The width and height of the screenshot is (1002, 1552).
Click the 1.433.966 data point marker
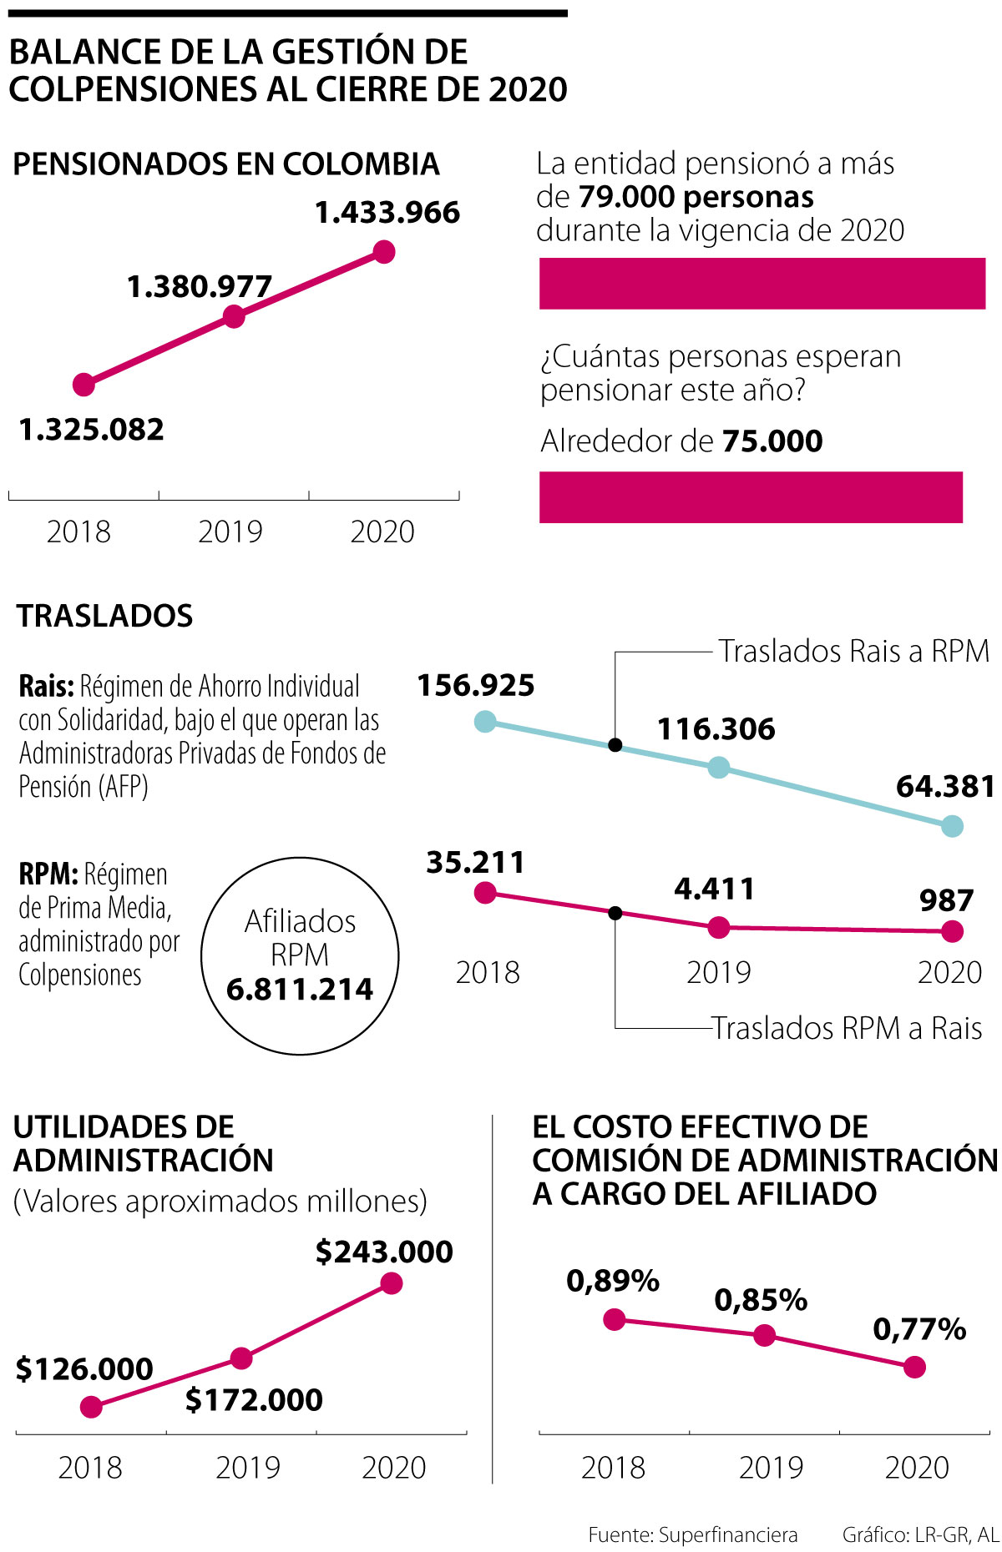coord(383,251)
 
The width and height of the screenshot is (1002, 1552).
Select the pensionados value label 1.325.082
coord(92,430)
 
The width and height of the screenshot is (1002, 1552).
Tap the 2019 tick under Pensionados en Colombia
coord(230,532)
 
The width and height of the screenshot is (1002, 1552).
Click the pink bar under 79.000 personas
coord(762,284)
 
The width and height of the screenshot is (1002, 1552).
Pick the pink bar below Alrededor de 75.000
coord(751,497)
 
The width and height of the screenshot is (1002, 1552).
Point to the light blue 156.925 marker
coord(485,722)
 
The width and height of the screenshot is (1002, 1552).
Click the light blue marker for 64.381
coord(952,826)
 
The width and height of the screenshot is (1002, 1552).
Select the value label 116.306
coord(716,729)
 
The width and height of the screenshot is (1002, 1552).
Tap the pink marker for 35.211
coord(485,893)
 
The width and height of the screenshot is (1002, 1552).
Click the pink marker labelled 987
coord(952,931)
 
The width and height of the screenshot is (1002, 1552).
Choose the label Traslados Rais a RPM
coord(853,652)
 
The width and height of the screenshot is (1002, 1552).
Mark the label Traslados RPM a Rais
coord(847,1028)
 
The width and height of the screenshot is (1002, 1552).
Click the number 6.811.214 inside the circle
coord(300,990)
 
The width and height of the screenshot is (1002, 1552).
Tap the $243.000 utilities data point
coord(391,1283)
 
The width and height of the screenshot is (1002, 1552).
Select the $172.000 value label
coord(254,1400)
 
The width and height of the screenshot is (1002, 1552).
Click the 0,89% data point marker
coord(615,1319)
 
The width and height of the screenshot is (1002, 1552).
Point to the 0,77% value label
coord(919,1329)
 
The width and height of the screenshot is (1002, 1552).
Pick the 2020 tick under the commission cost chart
coord(917,1468)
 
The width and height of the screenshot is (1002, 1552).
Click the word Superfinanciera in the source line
coord(728,1534)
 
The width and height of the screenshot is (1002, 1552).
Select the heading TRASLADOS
coord(105,616)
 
